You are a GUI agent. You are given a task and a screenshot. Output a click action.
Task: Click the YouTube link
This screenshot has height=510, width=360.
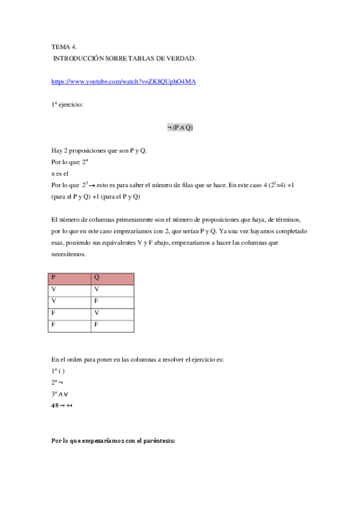[123, 82]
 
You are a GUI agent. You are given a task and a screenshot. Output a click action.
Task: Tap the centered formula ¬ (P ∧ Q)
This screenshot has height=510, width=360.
[180, 127]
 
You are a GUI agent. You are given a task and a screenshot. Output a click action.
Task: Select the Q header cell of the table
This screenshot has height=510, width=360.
[112, 278]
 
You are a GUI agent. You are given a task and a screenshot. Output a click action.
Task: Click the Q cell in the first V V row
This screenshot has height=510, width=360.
[112, 290]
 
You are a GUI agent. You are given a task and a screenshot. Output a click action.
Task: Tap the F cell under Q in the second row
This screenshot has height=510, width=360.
[112, 302]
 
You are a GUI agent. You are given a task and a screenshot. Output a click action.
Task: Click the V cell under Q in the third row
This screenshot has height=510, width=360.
[112, 313]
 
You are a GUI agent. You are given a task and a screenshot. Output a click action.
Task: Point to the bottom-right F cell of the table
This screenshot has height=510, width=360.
[112, 325]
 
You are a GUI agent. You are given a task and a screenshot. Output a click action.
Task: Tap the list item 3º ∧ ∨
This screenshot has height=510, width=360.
[60, 394]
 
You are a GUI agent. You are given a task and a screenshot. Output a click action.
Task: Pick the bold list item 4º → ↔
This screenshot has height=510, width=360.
[62, 405]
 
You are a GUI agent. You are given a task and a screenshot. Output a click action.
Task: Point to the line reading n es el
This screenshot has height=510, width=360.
[61, 173]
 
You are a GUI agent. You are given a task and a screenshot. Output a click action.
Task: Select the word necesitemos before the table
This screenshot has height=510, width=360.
[69, 254]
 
